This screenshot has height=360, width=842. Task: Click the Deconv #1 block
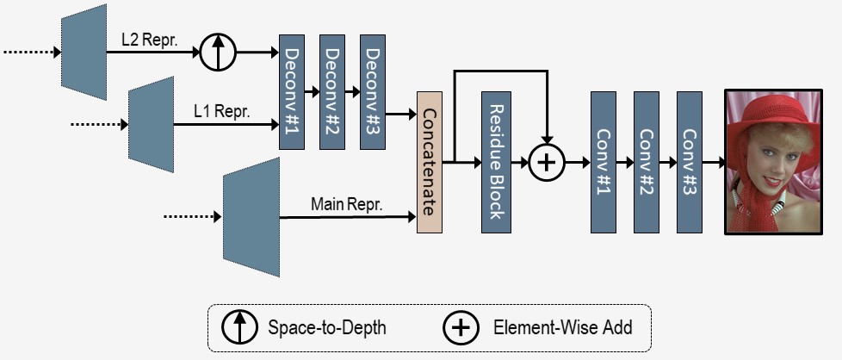tap(292, 92)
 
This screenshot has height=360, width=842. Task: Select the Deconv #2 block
tap(331, 92)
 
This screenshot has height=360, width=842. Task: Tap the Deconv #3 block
tap(373, 92)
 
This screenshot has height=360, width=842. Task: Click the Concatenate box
tap(430, 162)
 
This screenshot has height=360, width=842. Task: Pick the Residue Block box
tap(496, 162)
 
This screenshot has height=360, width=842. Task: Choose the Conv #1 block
tap(603, 162)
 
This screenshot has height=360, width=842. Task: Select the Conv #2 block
tap(646, 162)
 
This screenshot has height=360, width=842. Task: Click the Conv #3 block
tap(690, 162)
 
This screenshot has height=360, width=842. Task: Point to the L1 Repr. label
tap(222, 112)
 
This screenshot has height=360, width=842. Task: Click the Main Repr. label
tap(347, 204)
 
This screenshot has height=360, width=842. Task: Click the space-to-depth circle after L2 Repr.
tap(218, 53)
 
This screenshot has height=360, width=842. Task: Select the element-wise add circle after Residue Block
tap(547, 162)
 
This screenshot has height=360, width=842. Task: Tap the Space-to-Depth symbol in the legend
tap(239, 326)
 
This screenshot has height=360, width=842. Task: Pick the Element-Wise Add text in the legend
tap(563, 327)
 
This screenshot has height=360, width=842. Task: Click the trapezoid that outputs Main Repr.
tap(251, 217)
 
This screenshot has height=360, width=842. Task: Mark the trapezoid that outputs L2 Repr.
tap(84, 53)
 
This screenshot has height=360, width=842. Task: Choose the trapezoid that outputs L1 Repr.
tap(151, 124)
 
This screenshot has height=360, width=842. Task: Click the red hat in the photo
tap(773, 115)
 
